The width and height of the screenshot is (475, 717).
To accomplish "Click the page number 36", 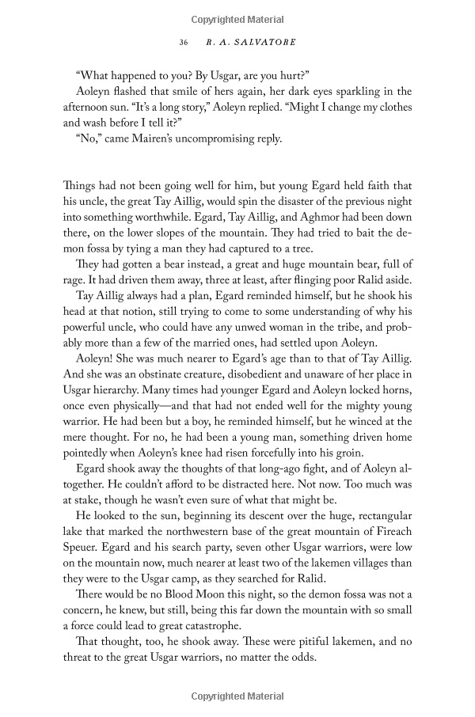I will coord(184,42).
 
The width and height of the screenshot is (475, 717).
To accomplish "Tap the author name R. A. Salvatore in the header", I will coord(249,42).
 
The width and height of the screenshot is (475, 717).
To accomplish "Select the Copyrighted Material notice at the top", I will coord(237,17).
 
